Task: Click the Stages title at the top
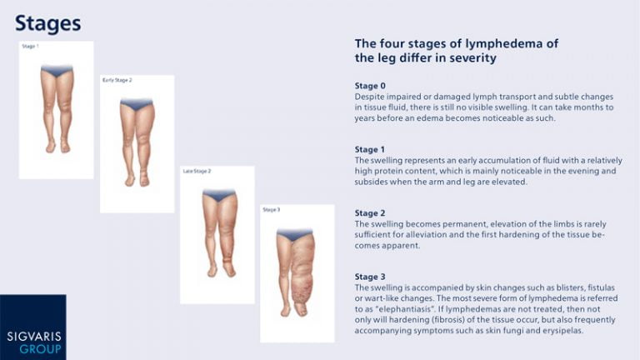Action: [x=47, y=23]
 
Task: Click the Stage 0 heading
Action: [x=370, y=86]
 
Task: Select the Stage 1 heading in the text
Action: [x=370, y=150]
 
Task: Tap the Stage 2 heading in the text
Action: [x=370, y=213]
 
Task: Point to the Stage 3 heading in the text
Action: [x=370, y=277]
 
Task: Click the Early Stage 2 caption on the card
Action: [x=117, y=80]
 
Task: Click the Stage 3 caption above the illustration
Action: [x=272, y=210]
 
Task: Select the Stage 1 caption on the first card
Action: [x=30, y=46]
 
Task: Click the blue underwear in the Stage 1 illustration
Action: [x=57, y=71]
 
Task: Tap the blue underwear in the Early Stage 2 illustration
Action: [x=137, y=105]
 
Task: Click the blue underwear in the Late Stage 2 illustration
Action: [x=218, y=196]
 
